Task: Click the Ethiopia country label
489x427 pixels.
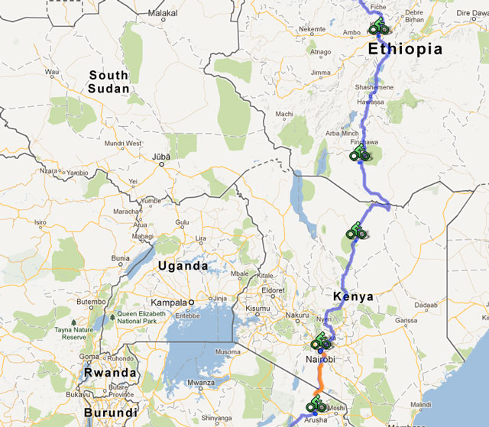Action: [x=405, y=49]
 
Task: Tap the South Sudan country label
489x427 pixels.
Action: [x=108, y=82]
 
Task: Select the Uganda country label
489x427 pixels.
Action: [x=182, y=266]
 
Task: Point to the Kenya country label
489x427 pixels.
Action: [x=353, y=296]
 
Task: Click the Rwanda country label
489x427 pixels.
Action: [x=111, y=374]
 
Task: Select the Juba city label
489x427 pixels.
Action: [x=161, y=157]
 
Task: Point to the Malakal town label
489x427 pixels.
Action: [x=162, y=14]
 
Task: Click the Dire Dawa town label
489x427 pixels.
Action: [x=468, y=14]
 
